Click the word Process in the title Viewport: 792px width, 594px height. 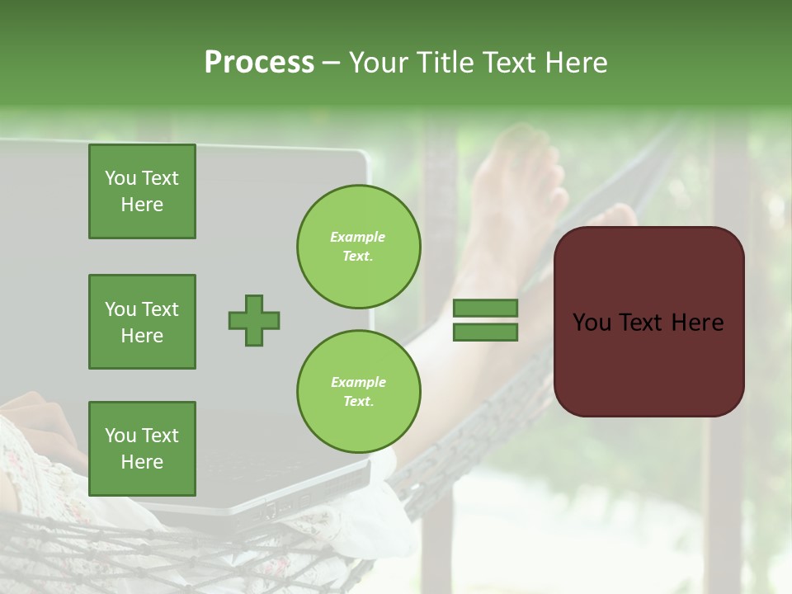click(259, 63)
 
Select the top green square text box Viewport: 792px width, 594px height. click(142, 191)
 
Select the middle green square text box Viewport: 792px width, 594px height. click(142, 322)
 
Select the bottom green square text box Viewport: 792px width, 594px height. click(142, 449)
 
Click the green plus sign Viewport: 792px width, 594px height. click(254, 320)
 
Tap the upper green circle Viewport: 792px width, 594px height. click(359, 246)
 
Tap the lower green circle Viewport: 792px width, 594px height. click(359, 391)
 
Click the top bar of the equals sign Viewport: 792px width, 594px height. click(486, 308)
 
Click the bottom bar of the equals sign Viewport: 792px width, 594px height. click(486, 332)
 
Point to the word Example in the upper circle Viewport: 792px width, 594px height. click(358, 237)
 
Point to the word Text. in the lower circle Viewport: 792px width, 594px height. click(358, 402)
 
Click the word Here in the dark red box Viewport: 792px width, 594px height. click(697, 323)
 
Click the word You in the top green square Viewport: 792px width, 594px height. click(120, 178)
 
